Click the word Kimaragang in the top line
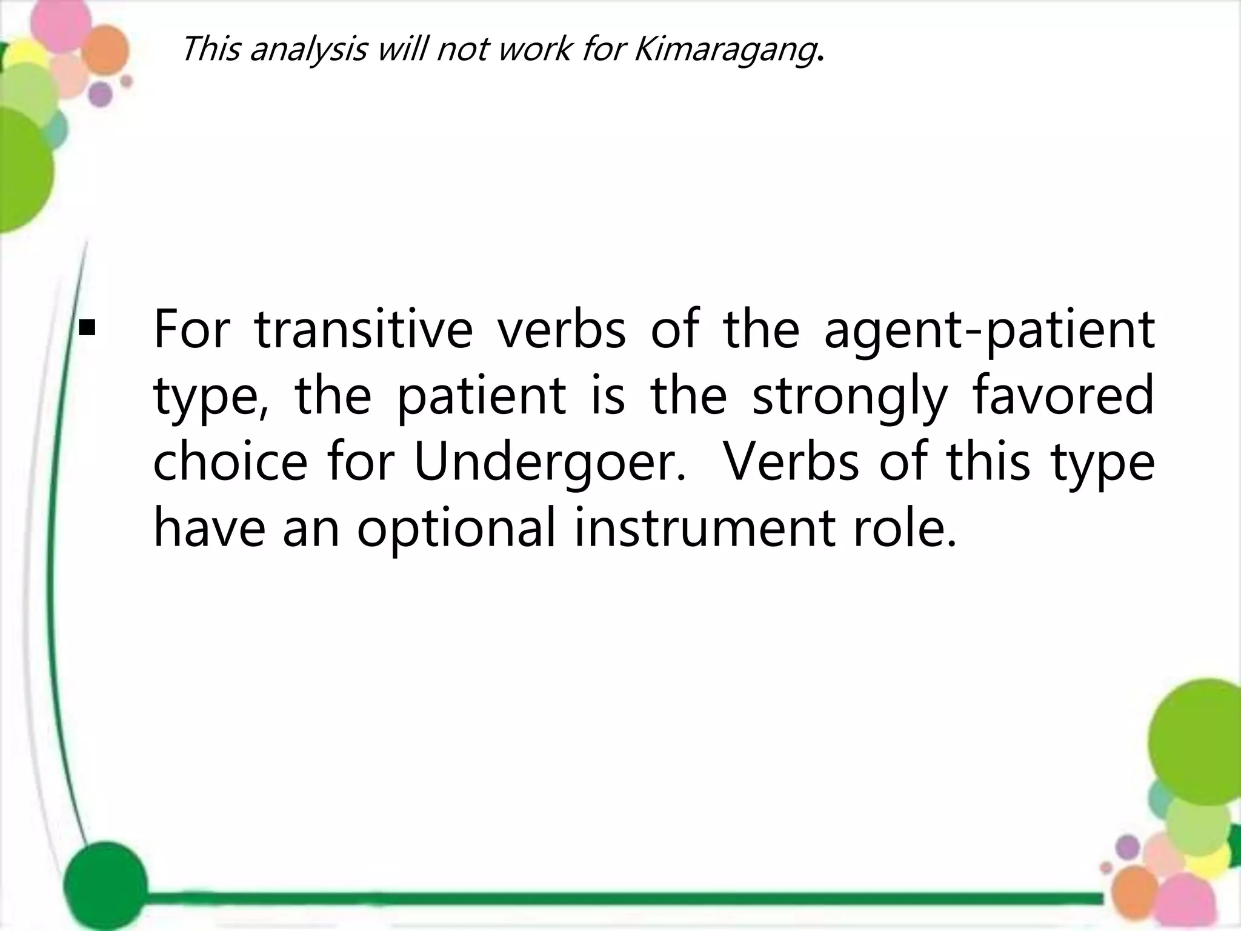point(724,48)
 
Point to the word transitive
point(363,330)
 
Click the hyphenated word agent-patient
point(989,331)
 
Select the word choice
point(230,462)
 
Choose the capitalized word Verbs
point(791,462)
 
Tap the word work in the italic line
point(534,48)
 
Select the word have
point(209,527)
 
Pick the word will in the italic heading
point(402,48)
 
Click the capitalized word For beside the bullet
point(193,330)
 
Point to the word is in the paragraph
point(608,395)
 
